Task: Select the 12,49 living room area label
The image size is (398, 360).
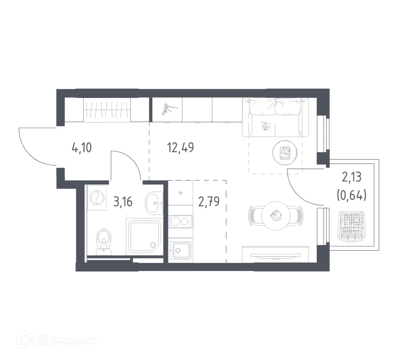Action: click(180, 148)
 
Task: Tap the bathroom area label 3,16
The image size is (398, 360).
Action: click(123, 201)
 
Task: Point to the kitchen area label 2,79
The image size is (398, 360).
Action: click(209, 201)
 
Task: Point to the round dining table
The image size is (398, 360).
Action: click(275, 217)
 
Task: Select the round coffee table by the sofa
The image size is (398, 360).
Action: click(284, 152)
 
